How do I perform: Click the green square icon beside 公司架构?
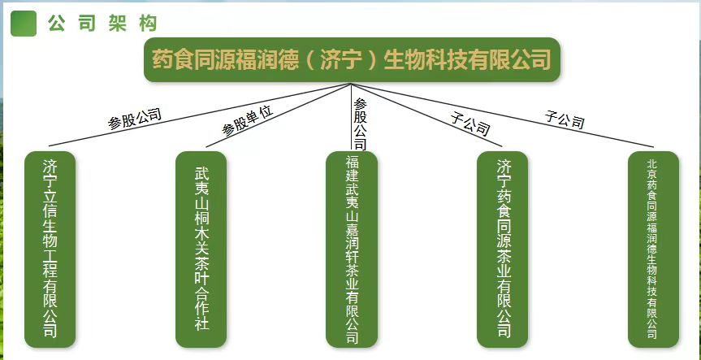click(x=23, y=24)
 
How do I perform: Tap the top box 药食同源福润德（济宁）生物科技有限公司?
click(x=352, y=59)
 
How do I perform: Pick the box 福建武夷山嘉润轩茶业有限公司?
click(x=352, y=249)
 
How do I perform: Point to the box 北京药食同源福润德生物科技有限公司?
click(x=652, y=249)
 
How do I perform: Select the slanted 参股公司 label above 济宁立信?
click(x=135, y=118)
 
